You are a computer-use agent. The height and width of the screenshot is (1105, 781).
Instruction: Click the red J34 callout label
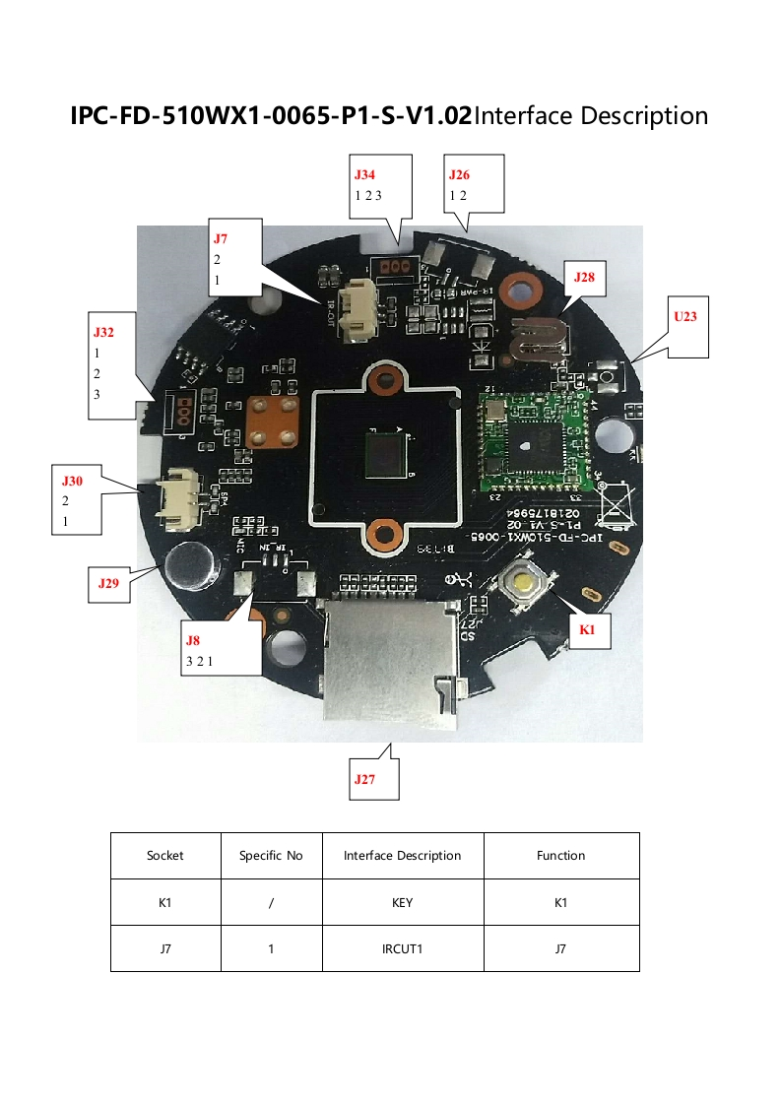click(x=364, y=174)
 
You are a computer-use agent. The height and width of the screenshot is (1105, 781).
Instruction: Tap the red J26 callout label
click(x=459, y=174)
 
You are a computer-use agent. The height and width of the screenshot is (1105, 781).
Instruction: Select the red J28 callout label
click(x=584, y=278)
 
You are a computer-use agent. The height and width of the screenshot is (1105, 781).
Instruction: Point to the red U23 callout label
click(x=684, y=316)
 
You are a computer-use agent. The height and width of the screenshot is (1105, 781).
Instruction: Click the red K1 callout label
click(x=588, y=629)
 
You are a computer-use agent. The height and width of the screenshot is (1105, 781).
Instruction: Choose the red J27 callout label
click(x=365, y=779)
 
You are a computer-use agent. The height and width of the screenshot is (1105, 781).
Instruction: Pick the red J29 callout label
click(x=108, y=583)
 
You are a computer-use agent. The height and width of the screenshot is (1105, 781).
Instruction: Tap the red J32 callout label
click(x=103, y=332)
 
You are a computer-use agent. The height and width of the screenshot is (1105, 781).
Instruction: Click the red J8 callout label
click(x=193, y=640)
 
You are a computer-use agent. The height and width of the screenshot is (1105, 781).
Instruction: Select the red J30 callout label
click(x=73, y=481)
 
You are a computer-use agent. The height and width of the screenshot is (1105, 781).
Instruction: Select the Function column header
click(x=561, y=856)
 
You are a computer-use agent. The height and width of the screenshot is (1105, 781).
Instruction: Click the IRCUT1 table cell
click(x=402, y=949)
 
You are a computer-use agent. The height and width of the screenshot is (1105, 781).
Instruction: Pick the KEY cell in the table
click(x=402, y=902)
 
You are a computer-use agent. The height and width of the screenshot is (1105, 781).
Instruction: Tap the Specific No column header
click(x=271, y=856)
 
